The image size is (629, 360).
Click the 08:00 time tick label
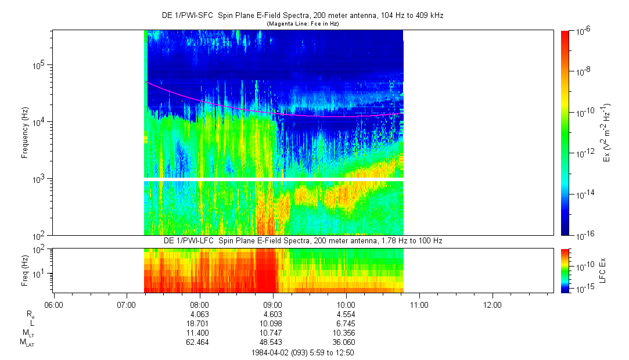[x=199, y=304]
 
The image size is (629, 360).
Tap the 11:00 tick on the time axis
[x=419, y=304]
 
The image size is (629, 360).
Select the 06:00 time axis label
[x=53, y=304]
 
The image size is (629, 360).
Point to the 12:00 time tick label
[x=493, y=304]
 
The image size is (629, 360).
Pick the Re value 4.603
[x=272, y=314]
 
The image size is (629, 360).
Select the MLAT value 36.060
[x=346, y=342]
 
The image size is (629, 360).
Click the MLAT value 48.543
[x=272, y=342]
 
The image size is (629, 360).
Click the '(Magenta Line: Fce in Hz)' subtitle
[x=303, y=24]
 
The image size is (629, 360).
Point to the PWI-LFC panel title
[x=303, y=240]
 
